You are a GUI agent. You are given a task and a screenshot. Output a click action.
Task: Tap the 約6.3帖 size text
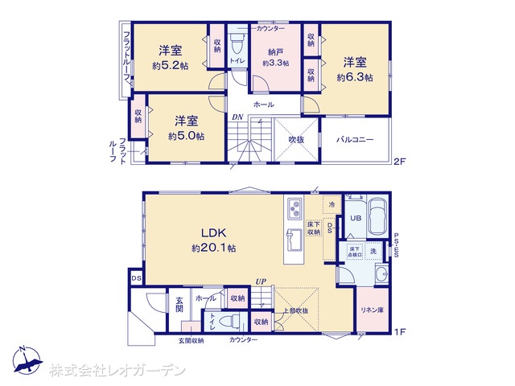pos(354,78)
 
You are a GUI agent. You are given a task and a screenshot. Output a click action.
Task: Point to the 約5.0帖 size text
pos(186,137)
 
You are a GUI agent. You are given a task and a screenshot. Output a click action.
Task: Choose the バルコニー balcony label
pos(355,140)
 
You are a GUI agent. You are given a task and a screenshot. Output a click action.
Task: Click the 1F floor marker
pos(398,331)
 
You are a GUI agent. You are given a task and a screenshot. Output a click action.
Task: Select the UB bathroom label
pos(355,218)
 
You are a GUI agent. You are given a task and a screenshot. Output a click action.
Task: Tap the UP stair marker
pos(261,281)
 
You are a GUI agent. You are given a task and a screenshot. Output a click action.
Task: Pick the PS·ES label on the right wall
pos(397,244)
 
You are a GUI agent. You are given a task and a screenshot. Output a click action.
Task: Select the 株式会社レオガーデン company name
pos(117,371)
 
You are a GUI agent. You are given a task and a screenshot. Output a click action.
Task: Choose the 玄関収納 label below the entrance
pos(191,340)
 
